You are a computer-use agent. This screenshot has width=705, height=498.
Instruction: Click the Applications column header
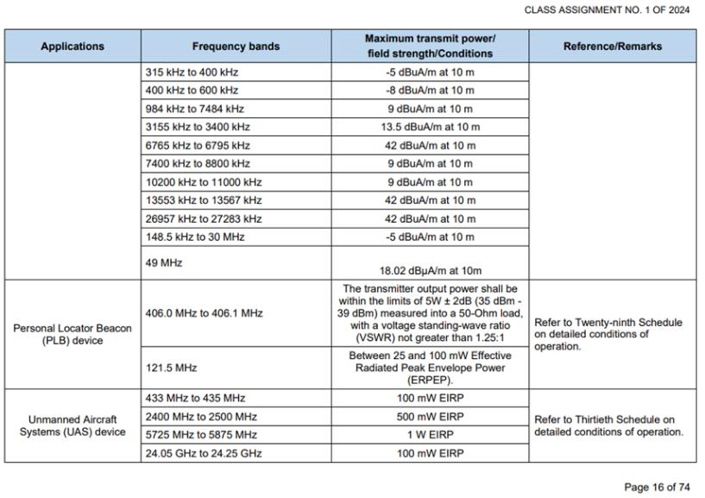(x=73, y=47)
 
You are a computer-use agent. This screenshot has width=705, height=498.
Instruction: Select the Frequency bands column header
(x=236, y=47)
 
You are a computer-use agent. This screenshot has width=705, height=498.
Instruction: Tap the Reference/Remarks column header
(x=613, y=47)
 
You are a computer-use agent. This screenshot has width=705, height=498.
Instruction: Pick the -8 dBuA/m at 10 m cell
(x=430, y=90)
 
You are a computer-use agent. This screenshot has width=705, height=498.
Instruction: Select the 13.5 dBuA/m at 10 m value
(x=430, y=127)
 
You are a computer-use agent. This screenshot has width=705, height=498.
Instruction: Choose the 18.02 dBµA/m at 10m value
(x=430, y=270)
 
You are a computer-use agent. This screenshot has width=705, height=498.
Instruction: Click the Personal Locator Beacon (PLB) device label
(x=73, y=334)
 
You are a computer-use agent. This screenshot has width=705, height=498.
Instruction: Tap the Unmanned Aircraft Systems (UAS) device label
(x=73, y=425)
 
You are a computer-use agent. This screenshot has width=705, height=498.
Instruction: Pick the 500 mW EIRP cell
(x=430, y=415)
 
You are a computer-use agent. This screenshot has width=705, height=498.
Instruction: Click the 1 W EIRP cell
(x=430, y=433)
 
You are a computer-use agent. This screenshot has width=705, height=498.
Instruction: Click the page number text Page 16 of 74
(x=658, y=487)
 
